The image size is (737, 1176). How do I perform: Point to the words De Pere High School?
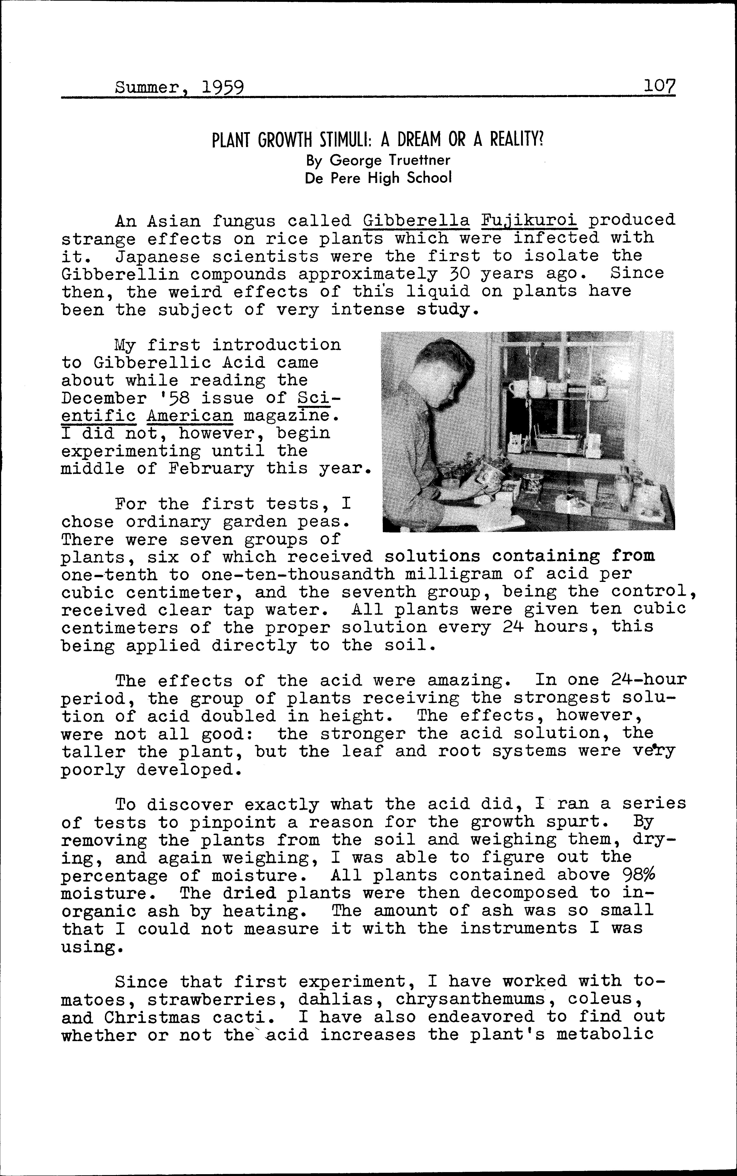click(378, 178)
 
